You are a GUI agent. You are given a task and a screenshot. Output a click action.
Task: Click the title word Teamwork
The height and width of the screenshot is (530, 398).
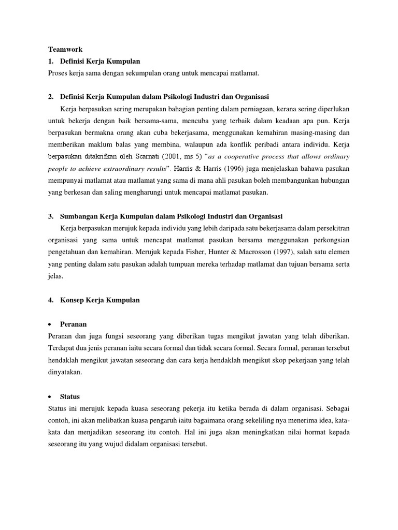click(x=61, y=50)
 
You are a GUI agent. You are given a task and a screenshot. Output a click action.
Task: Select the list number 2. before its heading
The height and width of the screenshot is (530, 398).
click(x=51, y=97)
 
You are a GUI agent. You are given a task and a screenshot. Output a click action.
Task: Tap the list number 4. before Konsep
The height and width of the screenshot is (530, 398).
click(x=51, y=300)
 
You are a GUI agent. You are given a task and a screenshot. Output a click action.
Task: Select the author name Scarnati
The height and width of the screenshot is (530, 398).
click(x=146, y=156)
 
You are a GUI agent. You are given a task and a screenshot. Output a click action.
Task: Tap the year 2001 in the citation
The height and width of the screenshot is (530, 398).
click(x=173, y=156)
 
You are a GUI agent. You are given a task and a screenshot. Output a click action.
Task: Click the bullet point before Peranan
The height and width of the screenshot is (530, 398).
click(x=50, y=325)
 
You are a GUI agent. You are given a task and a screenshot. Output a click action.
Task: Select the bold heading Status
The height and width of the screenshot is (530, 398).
click(x=70, y=396)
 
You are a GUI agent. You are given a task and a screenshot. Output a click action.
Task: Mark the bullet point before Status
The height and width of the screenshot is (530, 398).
click(x=50, y=397)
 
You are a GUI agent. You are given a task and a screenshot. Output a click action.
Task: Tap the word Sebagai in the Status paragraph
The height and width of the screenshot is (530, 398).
click(x=337, y=408)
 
